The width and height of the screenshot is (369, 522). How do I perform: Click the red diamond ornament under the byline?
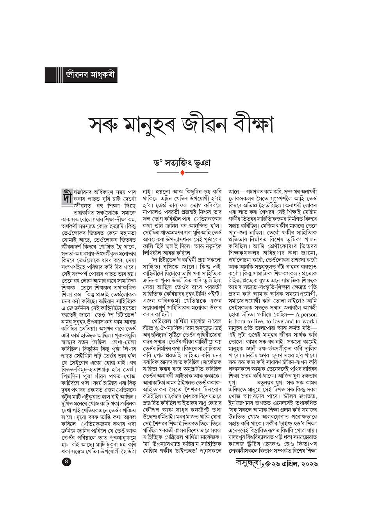pos(183,172)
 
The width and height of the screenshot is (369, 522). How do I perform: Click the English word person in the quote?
pos(308,303)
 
